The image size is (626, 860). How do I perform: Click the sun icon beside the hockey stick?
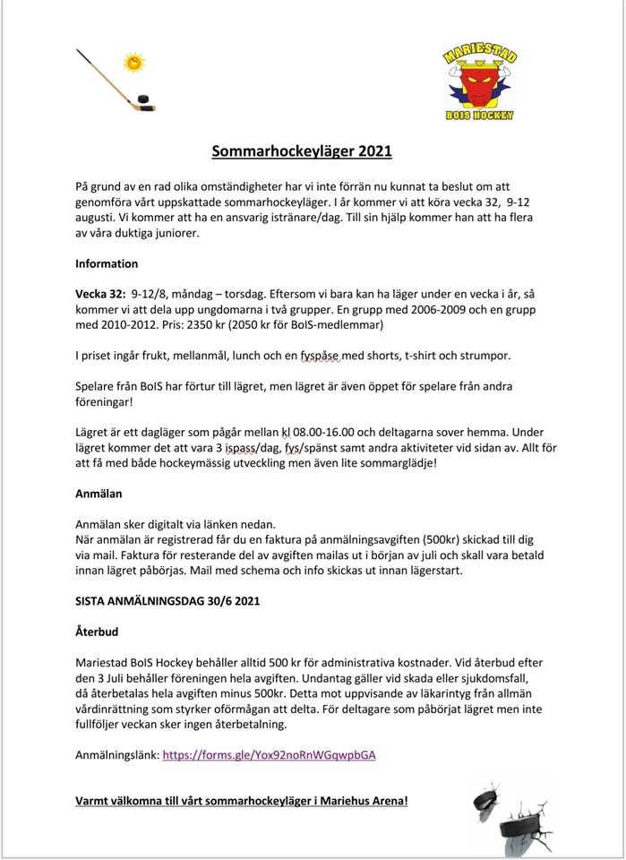point(134,63)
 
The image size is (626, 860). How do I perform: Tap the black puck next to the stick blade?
point(144,99)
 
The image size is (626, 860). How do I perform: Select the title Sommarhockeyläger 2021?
point(302,152)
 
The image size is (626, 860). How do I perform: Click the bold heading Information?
point(107,264)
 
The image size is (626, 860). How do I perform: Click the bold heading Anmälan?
point(99,494)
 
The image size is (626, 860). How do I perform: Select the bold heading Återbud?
point(97,632)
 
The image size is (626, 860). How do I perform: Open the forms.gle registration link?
point(269,755)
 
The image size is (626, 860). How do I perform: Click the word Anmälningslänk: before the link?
point(117,755)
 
